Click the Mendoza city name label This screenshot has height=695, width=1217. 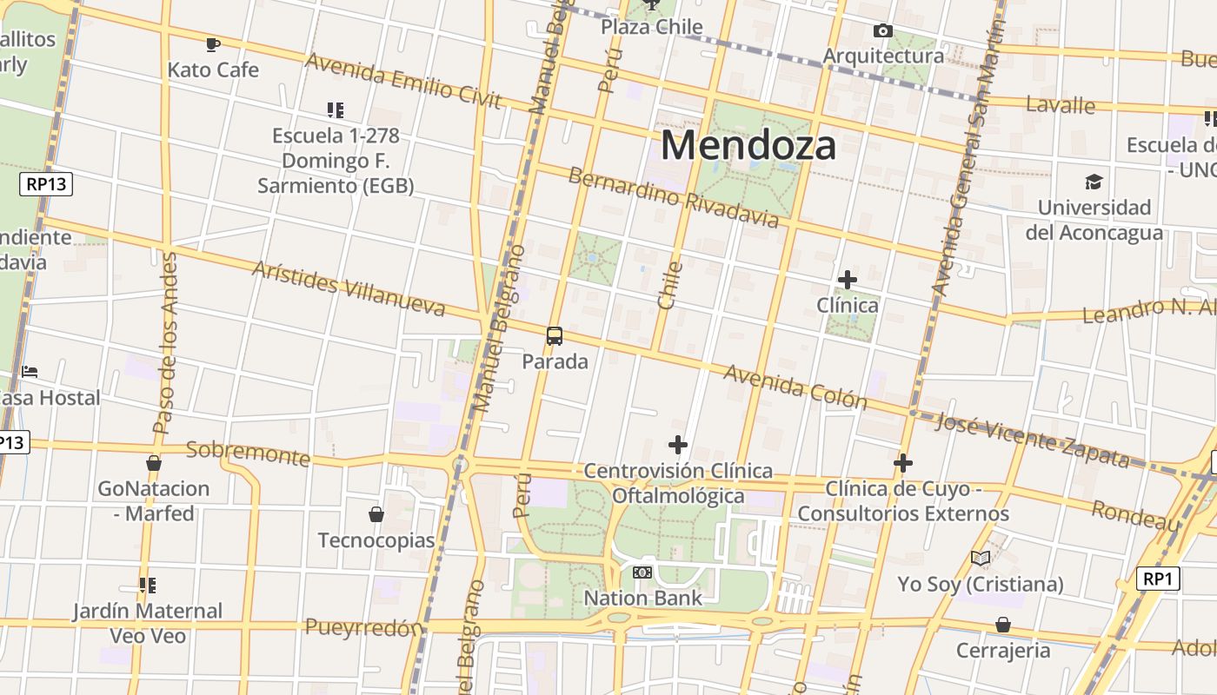pos(748,145)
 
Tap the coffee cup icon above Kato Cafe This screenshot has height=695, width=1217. pos(213,44)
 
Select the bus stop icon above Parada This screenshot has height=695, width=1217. pos(555,336)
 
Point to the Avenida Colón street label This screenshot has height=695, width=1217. pos(795,386)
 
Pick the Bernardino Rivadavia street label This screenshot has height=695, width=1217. pos(674,197)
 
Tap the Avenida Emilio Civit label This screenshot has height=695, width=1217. pos(403,80)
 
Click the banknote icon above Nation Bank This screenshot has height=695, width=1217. pos(642,573)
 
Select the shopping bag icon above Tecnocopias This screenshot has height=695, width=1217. pos(376,514)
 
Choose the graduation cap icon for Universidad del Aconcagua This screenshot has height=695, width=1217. pos(1094,182)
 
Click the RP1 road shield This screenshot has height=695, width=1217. pos(1158,579)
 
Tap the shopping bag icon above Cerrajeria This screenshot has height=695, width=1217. pos(1003,625)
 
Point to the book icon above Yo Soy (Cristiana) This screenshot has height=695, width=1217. pos(981,558)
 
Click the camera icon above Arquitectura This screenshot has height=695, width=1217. pos(883,31)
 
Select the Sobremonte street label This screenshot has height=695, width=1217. pos(248,453)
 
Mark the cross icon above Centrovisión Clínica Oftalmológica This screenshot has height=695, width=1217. pos(678,445)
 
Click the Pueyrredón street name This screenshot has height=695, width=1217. pos(363,627)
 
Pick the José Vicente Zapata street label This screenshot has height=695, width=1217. pos(1033,440)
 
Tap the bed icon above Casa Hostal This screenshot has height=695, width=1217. pos(30,372)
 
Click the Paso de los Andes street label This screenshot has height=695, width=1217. pos(165,343)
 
